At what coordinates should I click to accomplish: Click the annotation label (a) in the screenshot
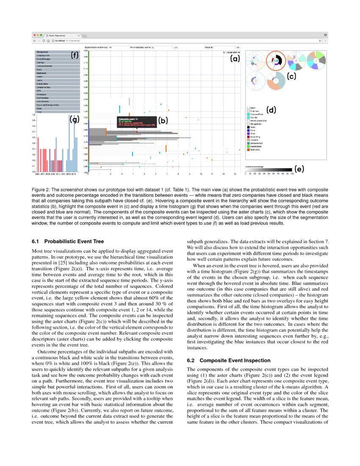[235, 59]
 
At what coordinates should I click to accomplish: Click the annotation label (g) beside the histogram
[75, 119]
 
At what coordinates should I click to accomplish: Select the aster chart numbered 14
[276, 61]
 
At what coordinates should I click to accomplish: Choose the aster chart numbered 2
[255, 80]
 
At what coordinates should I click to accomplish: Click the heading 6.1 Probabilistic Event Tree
[68, 241]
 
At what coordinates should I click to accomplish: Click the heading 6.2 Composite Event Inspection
[228, 361]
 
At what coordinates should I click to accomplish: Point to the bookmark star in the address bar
[320, 41]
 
